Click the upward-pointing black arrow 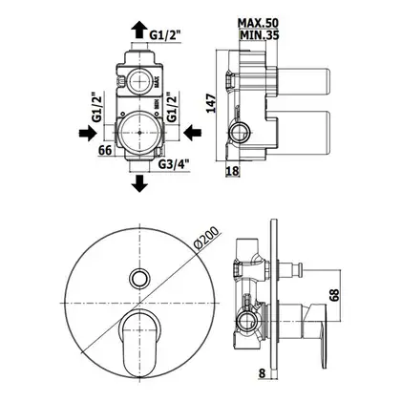[139, 31]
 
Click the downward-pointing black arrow [139, 183]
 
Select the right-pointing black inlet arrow [87, 133]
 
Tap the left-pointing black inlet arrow [192, 133]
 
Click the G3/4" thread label [174, 164]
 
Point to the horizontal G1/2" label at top [165, 35]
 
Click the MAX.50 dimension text [258, 23]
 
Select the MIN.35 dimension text [260, 35]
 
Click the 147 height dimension [211, 103]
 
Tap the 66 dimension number [105, 150]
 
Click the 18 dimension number [232, 171]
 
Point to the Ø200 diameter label [207, 238]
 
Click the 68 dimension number [334, 295]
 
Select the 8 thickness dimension [262, 373]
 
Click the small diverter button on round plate [139, 278]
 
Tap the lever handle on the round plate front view [139, 342]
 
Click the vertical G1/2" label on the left [97, 107]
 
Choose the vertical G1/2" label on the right [172, 107]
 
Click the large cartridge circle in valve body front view [139, 133]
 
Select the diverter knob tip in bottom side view [299, 270]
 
